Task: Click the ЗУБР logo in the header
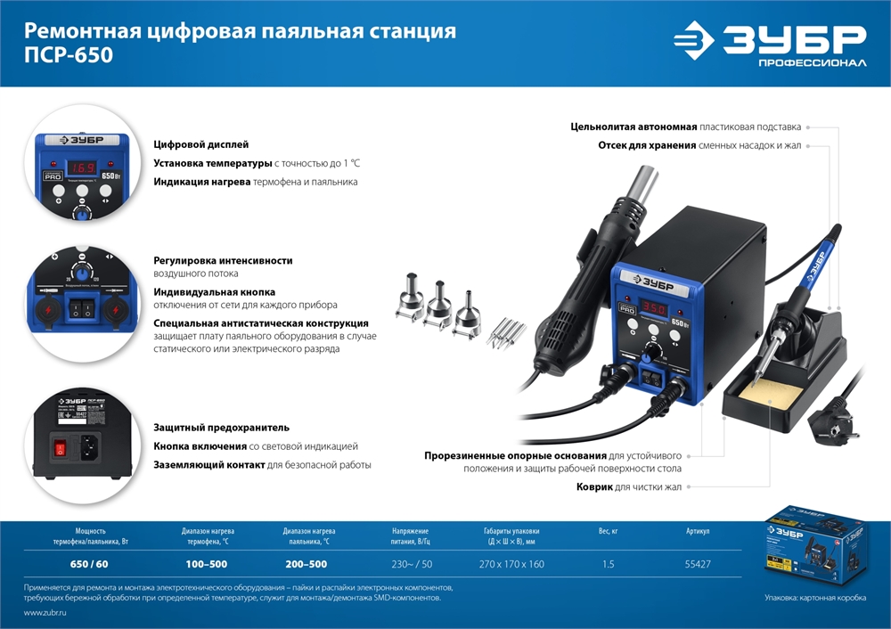(769, 43)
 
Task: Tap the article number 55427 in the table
(698, 564)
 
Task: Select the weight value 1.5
(609, 564)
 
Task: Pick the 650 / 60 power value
(89, 564)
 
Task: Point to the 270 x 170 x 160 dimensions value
(511, 564)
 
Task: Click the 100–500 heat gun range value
(206, 564)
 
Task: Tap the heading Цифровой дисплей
(201, 144)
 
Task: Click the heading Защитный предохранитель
(221, 427)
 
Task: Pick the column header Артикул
(698, 531)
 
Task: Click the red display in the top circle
(84, 167)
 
